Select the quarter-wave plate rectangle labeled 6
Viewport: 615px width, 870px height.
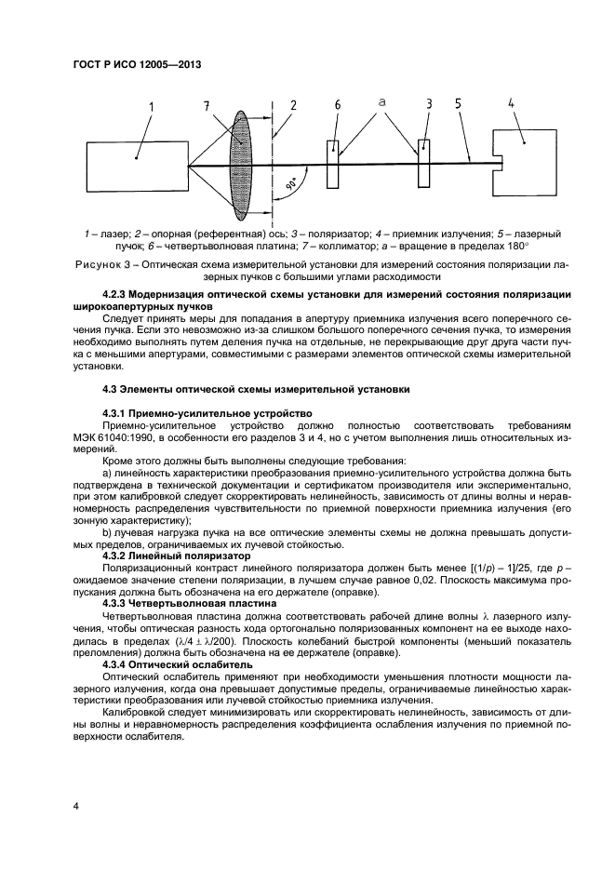tap(334, 161)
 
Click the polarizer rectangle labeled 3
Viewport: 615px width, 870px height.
tap(424, 161)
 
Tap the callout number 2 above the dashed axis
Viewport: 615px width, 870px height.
tap(293, 106)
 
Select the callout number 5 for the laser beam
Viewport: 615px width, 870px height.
tap(459, 106)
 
